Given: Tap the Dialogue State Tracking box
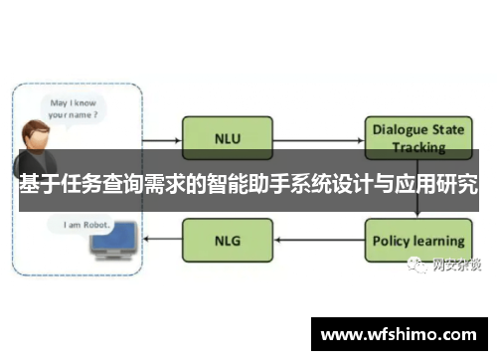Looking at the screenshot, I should pos(418,135).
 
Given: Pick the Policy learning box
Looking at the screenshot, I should pos(417,241).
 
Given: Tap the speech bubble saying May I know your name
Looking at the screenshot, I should pos(76,107).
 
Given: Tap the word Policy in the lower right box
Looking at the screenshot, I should pos(391,241).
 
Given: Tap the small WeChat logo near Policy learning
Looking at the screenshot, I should pos(412,265).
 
